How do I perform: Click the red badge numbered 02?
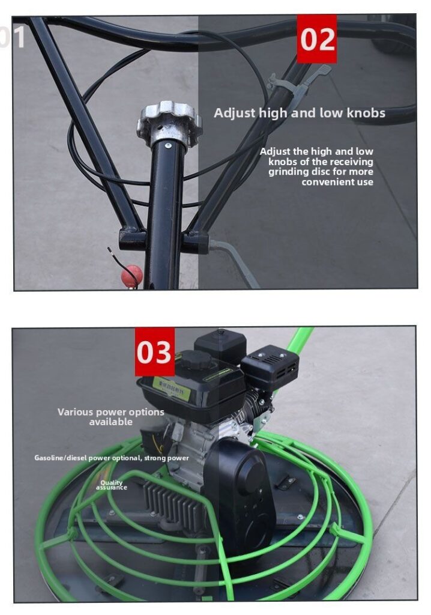(316, 39)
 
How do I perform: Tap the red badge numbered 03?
(154, 351)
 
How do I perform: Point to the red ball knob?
(131, 275)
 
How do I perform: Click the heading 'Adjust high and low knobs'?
(300, 113)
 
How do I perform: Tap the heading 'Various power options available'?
(111, 417)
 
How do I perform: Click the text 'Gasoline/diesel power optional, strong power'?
(112, 458)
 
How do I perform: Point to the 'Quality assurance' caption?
(112, 485)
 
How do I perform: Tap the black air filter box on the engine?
(270, 366)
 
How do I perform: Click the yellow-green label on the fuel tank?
(170, 390)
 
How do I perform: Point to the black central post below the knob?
(164, 210)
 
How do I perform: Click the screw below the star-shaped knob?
(169, 144)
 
